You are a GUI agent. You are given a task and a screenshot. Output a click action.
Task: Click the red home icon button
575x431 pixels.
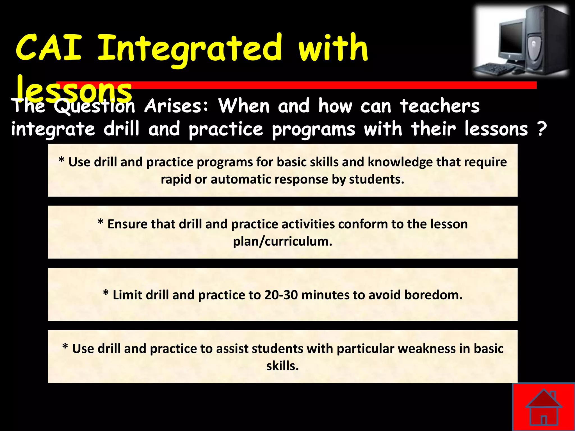tap(544, 407)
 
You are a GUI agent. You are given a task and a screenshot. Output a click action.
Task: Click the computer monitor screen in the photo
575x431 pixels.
tap(512, 38)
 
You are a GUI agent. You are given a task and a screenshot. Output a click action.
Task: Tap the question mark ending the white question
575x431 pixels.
tap(542, 129)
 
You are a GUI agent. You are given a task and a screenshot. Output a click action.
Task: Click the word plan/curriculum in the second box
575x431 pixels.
tap(282, 241)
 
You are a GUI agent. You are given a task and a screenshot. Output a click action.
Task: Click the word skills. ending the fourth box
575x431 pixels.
tap(282, 366)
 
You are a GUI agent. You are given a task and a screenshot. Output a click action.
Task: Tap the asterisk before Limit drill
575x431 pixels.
tap(106, 293)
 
